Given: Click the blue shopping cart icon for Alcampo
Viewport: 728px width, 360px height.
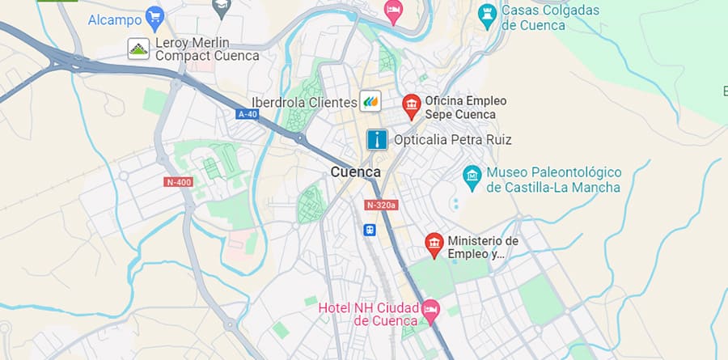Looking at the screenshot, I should pyautogui.click(x=154, y=17).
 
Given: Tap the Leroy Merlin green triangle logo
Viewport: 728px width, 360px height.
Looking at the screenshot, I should pyautogui.click(x=138, y=49).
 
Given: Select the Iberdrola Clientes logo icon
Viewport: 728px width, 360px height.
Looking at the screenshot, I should pyautogui.click(x=370, y=101).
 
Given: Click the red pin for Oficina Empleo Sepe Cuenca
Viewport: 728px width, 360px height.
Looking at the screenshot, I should pyautogui.click(x=412, y=105).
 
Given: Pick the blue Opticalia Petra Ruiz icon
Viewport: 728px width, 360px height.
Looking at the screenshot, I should pyautogui.click(x=376, y=140).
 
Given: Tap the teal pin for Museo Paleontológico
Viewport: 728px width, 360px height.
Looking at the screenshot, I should pyautogui.click(x=472, y=175).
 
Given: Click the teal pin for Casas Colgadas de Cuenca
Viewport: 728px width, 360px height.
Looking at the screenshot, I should pyautogui.click(x=486, y=14).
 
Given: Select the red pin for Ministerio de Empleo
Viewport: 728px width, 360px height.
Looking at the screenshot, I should pyautogui.click(x=434, y=244).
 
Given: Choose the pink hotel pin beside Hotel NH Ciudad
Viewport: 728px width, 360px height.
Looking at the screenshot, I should pyautogui.click(x=430, y=309).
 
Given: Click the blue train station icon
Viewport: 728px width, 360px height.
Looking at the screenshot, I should pyautogui.click(x=369, y=230).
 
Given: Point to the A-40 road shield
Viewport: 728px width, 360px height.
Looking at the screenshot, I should pyautogui.click(x=248, y=115).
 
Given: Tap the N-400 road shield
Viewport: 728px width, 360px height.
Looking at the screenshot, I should pyautogui.click(x=178, y=182).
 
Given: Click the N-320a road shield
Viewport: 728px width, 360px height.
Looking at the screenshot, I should pyautogui.click(x=381, y=205).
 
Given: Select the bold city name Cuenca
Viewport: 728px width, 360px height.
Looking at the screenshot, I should pyautogui.click(x=355, y=172).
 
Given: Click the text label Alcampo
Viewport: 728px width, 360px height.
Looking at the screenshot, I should pyautogui.click(x=113, y=18).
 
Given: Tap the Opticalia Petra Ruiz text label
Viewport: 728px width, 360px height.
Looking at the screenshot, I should pyautogui.click(x=452, y=140).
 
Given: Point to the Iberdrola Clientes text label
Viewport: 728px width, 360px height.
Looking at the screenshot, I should pyautogui.click(x=303, y=102).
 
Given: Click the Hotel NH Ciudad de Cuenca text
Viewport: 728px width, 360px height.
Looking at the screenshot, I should pyautogui.click(x=368, y=315).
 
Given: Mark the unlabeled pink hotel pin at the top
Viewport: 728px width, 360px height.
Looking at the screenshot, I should pyautogui.click(x=393, y=11).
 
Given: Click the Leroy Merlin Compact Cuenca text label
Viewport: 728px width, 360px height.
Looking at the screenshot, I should pyautogui.click(x=207, y=49).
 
